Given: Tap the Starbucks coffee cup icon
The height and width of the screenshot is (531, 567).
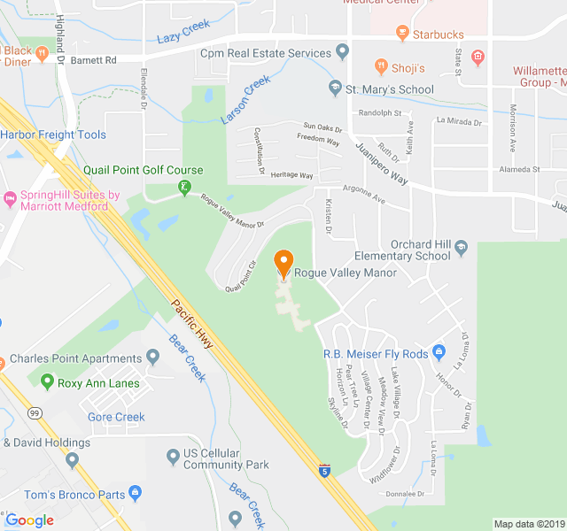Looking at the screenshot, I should pyautogui.click(x=401, y=35).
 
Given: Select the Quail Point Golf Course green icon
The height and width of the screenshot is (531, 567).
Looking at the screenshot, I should pyautogui.click(x=184, y=188).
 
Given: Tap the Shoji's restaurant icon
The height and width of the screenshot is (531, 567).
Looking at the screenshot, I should pyautogui.click(x=380, y=67).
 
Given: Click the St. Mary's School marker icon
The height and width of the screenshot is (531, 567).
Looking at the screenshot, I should pyautogui.click(x=334, y=88).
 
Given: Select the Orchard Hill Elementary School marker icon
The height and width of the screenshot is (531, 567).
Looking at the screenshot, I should pyautogui.click(x=460, y=256).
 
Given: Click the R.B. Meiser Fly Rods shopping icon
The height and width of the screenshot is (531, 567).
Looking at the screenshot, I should pyautogui.click(x=438, y=354).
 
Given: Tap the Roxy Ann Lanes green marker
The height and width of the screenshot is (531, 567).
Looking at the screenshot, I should pyautogui.click(x=47, y=382).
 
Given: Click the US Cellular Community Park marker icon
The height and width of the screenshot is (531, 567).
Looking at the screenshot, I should pyautogui.click(x=173, y=458).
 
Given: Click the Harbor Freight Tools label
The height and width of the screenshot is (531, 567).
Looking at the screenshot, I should pyautogui.click(x=53, y=135).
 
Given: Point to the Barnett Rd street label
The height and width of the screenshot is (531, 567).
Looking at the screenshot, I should pyautogui.click(x=94, y=60).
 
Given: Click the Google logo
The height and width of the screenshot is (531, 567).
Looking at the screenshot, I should pyautogui.click(x=29, y=519).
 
